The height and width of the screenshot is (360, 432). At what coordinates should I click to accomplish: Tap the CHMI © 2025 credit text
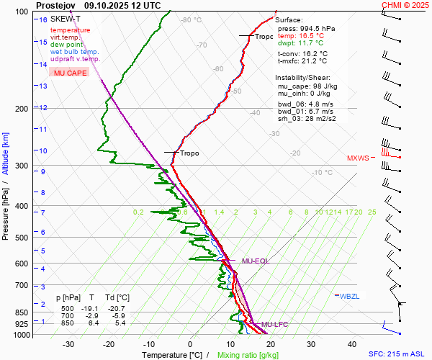[x=405, y=4]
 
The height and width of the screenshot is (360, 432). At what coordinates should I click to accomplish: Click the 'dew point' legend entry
[x=66, y=45]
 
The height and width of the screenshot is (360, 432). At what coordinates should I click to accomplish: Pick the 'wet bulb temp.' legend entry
[x=75, y=52]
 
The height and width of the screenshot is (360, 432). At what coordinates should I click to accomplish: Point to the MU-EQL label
[x=256, y=261]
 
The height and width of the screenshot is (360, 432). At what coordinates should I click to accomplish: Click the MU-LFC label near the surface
[x=274, y=325]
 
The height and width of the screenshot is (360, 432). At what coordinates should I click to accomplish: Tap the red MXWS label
[x=358, y=158]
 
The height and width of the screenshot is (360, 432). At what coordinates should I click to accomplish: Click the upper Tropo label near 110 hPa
[x=264, y=36]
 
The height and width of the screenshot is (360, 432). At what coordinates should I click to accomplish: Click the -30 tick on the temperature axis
[x=69, y=344]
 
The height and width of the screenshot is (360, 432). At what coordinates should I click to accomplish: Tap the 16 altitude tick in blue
[x=43, y=19]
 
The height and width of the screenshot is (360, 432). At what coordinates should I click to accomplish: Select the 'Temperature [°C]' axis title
[x=173, y=355]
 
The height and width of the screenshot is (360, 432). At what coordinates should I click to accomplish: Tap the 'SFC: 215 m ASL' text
[x=399, y=354]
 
